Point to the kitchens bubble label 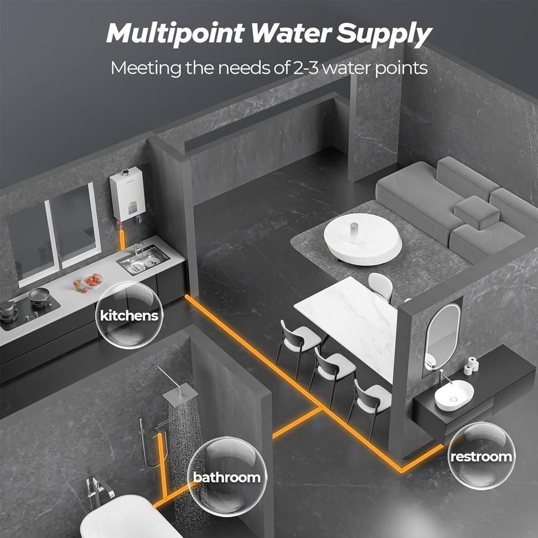tap(129, 315)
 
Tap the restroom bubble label tap(481, 457)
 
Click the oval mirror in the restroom tap(442, 336)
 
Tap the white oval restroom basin tap(454, 395)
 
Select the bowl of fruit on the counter tap(92, 280)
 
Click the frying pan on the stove tap(39, 294)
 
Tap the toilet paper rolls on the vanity tap(472, 365)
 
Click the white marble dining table tap(350, 323)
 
